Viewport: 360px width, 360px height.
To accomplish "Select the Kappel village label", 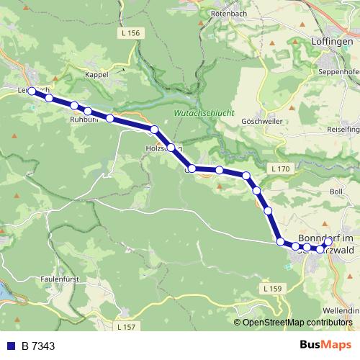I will [96, 74].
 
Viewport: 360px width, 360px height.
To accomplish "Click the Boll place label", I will [336, 192].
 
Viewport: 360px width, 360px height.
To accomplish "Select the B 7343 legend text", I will [37, 346].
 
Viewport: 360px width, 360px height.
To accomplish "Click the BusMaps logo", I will [325, 346].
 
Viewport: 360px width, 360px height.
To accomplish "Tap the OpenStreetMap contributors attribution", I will [297, 323].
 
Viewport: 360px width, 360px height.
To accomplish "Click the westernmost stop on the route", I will [32, 91].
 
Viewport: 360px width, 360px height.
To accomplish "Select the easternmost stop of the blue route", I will [327, 243].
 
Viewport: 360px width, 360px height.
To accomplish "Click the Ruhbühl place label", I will [84, 121].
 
